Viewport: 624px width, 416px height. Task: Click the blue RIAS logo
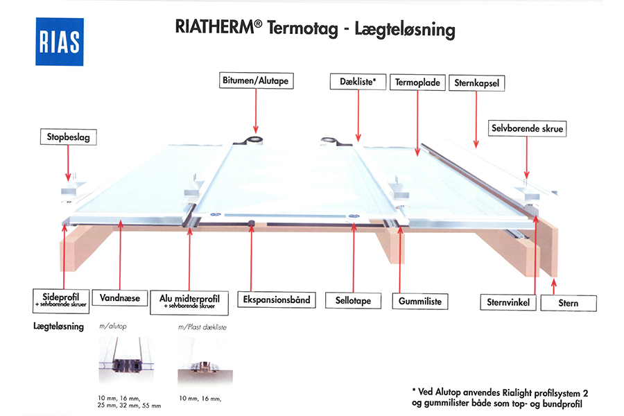point(60,42)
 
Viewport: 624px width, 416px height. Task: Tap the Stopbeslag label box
point(69,137)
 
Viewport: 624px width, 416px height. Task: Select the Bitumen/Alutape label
point(257,80)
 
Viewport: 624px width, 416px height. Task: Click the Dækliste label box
point(358,82)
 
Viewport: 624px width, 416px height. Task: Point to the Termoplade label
point(417,83)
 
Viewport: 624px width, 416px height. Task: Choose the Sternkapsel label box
point(477,83)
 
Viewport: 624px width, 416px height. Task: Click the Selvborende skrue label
point(528,128)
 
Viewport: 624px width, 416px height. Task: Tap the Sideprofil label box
point(61,301)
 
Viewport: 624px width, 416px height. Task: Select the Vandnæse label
point(120,297)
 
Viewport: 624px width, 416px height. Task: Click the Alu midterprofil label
point(189,302)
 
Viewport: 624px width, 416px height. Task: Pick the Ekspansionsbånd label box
point(277,300)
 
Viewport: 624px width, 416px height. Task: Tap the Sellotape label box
point(353,300)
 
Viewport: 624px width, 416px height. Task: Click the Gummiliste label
point(420,302)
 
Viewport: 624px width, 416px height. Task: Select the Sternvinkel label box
point(508,302)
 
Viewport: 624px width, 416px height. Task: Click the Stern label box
point(569,304)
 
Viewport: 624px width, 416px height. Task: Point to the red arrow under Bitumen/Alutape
point(256,111)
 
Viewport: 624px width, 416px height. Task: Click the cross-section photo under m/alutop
point(126,359)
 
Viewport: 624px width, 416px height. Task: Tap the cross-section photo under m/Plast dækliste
point(205,361)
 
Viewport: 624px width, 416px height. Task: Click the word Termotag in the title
point(302,28)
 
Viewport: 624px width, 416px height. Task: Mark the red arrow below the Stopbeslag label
point(68,163)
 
